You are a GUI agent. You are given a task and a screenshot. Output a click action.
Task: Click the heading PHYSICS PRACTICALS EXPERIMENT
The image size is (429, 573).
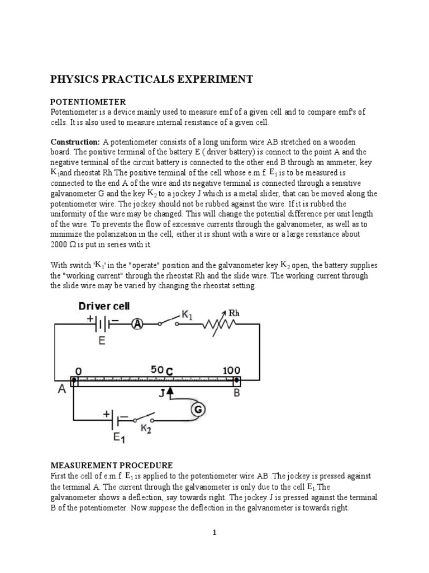click(152, 79)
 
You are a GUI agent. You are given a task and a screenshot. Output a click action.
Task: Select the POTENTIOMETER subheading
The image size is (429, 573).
click(88, 102)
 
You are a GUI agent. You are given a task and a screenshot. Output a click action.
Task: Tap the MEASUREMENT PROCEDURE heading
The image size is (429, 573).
click(112, 466)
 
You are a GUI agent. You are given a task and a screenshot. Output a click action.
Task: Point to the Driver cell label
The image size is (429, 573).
click(104, 306)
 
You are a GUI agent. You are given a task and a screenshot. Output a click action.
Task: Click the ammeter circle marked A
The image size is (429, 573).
click(137, 323)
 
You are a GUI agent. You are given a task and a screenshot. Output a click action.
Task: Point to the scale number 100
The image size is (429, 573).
click(232, 370)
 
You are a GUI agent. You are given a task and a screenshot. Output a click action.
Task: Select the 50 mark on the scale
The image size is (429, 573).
click(158, 370)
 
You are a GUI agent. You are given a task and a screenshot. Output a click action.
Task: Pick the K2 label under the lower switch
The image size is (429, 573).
click(146, 430)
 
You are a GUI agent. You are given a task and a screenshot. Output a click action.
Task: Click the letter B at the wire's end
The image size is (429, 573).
click(237, 393)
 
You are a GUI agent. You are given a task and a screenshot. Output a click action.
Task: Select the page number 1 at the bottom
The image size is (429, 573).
click(214, 532)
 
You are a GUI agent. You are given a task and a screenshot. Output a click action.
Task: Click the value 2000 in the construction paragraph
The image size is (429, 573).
click(60, 245)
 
